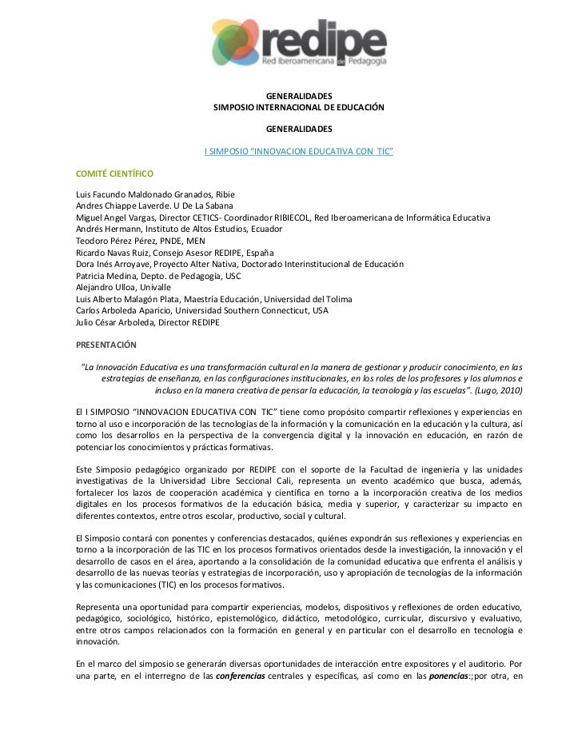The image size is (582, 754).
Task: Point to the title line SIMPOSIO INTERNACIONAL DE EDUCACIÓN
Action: pos(298,107)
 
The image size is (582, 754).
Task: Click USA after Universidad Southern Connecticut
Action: pos(319,310)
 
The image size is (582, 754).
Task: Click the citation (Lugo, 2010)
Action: pos(498,392)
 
